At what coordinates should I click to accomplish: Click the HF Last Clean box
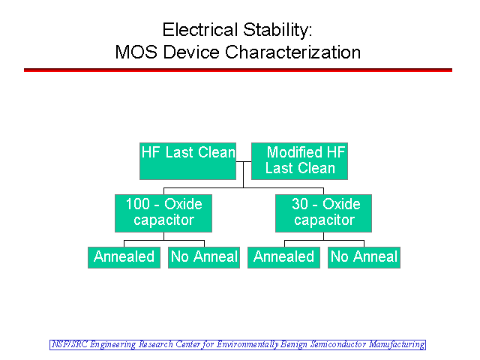[187, 161]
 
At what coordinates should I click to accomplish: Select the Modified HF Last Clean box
[299, 161]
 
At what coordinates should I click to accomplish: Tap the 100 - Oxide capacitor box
[163, 213]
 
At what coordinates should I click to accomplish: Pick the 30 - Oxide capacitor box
[323, 213]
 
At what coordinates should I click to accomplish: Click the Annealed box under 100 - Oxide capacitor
[124, 257]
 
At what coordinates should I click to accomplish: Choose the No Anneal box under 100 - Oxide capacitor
[204, 257]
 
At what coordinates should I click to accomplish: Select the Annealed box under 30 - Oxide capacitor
[283, 257]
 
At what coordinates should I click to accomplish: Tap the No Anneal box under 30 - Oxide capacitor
[364, 257]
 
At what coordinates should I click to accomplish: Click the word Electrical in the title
[200, 30]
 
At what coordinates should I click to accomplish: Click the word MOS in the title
[136, 52]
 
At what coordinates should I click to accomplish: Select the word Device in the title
[191, 52]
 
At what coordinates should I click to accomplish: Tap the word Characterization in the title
[293, 52]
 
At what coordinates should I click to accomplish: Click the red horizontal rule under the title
[238, 70]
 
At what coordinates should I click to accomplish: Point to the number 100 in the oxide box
[138, 204]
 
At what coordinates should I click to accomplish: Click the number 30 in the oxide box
[300, 204]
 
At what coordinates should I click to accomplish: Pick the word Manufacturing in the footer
[397, 345]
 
